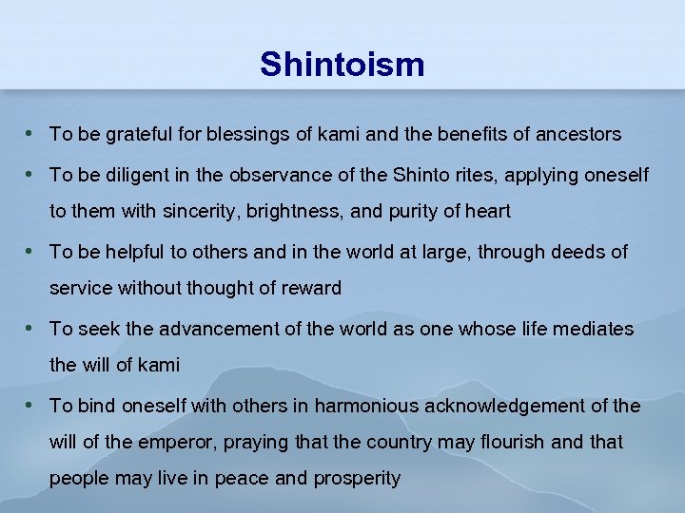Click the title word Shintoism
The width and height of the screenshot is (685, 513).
(342, 65)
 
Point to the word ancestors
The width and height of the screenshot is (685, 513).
(578, 135)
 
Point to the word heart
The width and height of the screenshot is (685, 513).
(486, 212)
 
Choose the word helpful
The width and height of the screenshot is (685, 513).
(138, 252)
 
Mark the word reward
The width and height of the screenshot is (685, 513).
(312, 289)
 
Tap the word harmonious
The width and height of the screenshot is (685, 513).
(366, 406)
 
